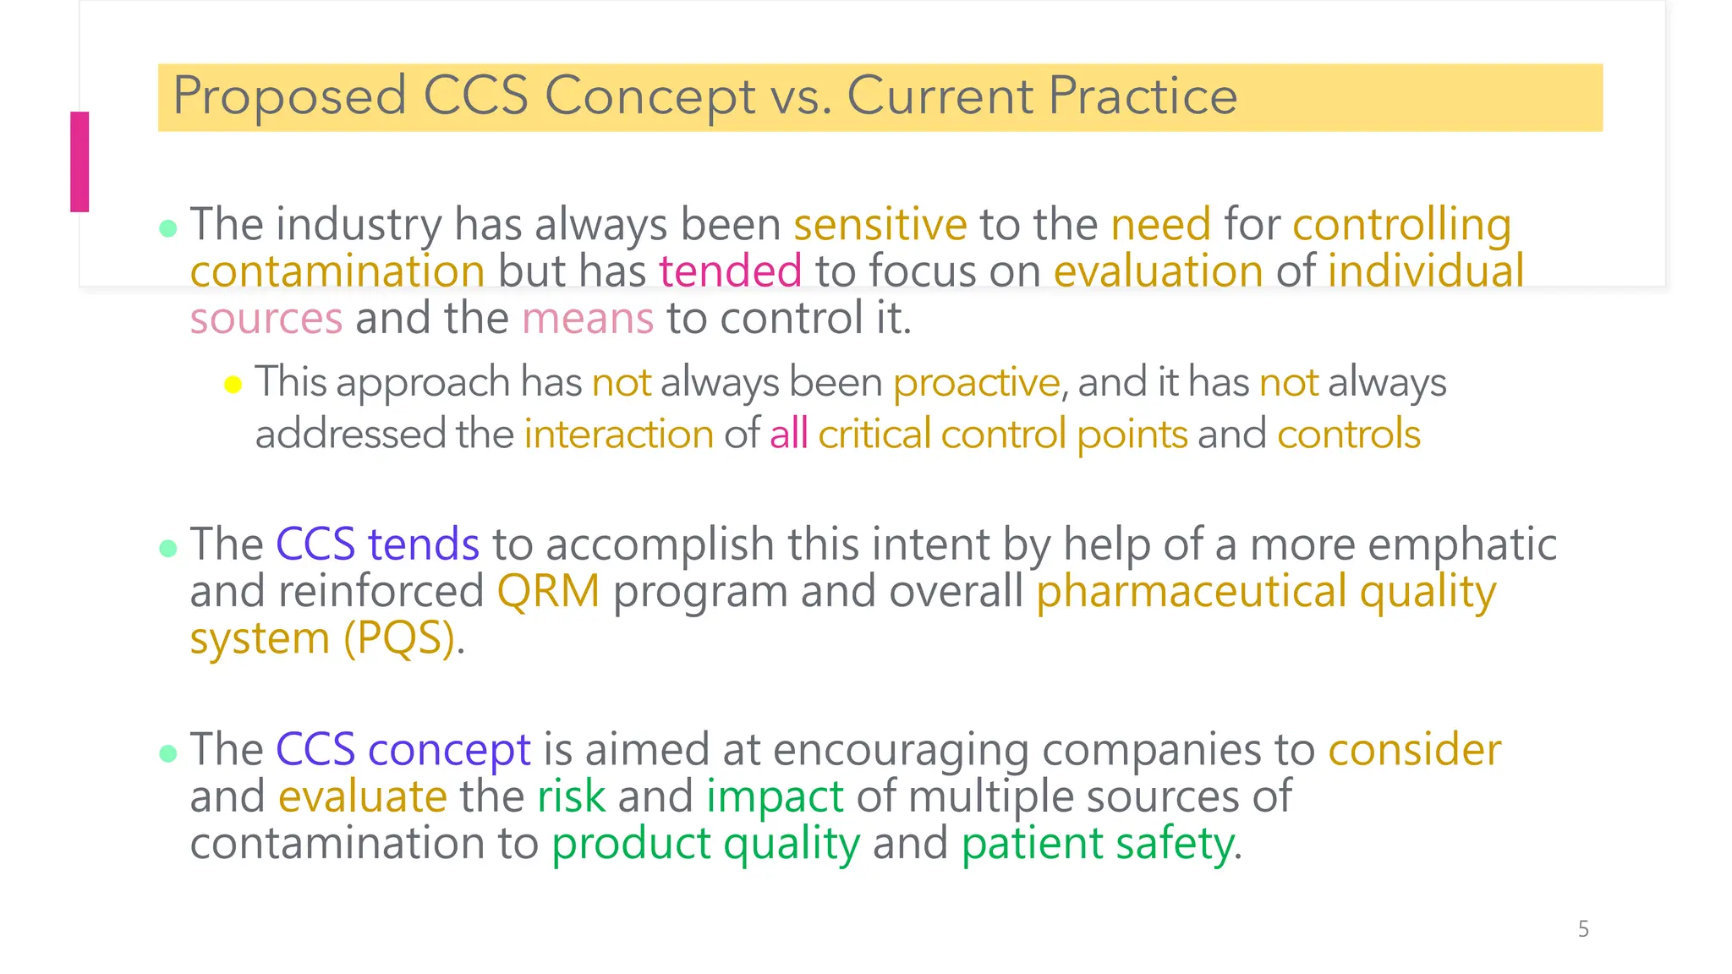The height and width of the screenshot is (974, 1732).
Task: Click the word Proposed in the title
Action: pyautogui.click(x=289, y=96)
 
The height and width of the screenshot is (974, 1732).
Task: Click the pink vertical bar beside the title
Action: pyautogui.click(x=79, y=161)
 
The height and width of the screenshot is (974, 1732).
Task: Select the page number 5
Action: pyautogui.click(x=1583, y=929)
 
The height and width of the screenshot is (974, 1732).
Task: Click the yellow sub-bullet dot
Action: pyautogui.click(x=233, y=386)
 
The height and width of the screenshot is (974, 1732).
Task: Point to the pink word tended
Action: pyautogui.click(x=730, y=272)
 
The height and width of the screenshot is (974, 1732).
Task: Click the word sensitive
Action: pyautogui.click(x=880, y=225)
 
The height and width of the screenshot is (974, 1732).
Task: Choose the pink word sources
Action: pyautogui.click(x=266, y=320)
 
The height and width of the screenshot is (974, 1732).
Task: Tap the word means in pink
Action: pyautogui.click(x=588, y=320)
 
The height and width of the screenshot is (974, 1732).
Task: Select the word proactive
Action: pyautogui.click(x=976, y=383)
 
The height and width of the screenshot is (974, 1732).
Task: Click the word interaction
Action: pyautogui.click(x=619, y=435)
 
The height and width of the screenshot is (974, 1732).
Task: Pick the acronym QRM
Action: pyautogui.click(x=548, y=591)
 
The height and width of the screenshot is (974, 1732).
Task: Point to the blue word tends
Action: pyautogui.click(x=424, y=544)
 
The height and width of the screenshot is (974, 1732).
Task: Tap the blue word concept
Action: pyautogui.click(x=449, y=750)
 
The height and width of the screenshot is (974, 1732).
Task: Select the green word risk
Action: pyautogui.click(x=571, y=797)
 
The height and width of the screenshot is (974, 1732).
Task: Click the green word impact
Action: pyautogui.click(x=775, y=797)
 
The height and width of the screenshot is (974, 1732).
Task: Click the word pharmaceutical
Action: pyautogui.click(x=1192, y=591)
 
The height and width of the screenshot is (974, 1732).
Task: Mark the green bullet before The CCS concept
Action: pyautogui.click(x=168, y=753)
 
